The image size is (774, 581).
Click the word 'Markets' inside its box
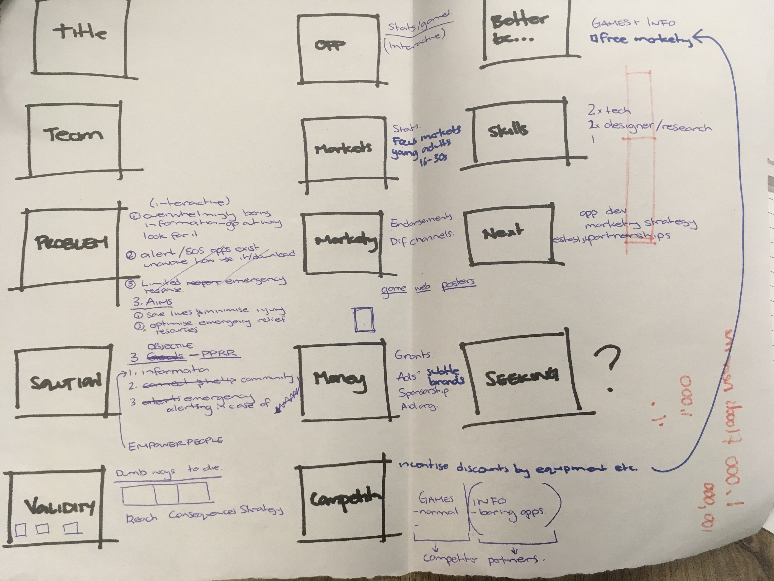point(343,148)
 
